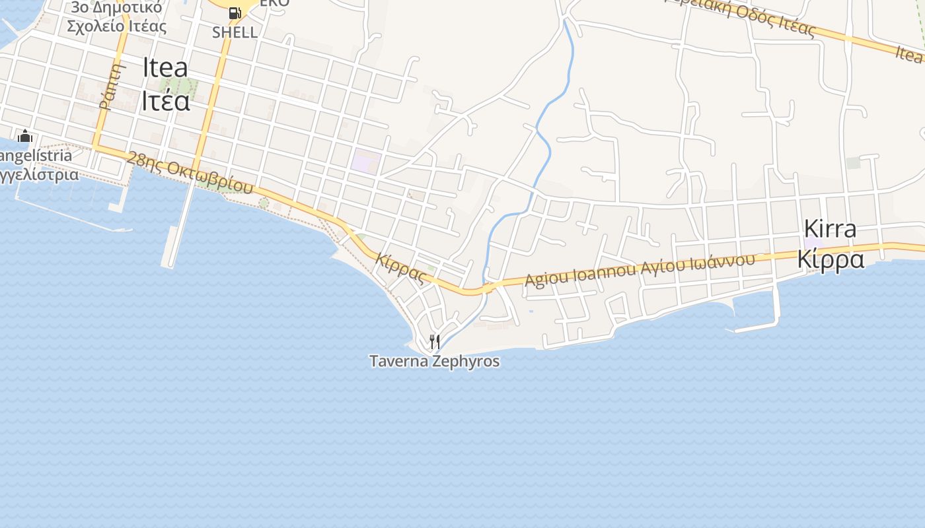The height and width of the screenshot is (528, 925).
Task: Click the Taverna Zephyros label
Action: [x=434, y=361]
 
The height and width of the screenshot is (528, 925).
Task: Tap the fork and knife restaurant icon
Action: [x=434, y=341]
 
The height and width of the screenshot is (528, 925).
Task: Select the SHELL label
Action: [x=235, y=32]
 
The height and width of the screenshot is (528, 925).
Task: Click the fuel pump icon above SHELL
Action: [x=235, y=13]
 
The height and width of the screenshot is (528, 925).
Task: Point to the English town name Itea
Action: [x=165, y=69]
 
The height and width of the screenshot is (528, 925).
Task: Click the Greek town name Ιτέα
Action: [x=165, y=102]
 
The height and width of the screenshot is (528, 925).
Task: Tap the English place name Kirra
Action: [x=830, y=229]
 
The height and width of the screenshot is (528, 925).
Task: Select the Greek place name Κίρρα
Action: [x=830, y=259]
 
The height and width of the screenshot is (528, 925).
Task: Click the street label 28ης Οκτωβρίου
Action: [x=190, y=172]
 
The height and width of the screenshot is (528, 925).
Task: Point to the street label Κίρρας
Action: [x=400, y=267]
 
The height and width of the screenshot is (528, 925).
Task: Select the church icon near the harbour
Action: [x=25, y=136]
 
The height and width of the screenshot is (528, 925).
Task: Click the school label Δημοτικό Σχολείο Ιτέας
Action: [x=116, y=18]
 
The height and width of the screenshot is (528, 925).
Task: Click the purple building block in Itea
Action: [x=366, y=161]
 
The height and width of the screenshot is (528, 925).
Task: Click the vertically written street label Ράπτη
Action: [x=113, y=86]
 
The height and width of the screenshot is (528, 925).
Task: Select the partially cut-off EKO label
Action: [x=274, y=3]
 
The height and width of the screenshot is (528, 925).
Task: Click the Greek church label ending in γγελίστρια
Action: [x=40, y=175]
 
